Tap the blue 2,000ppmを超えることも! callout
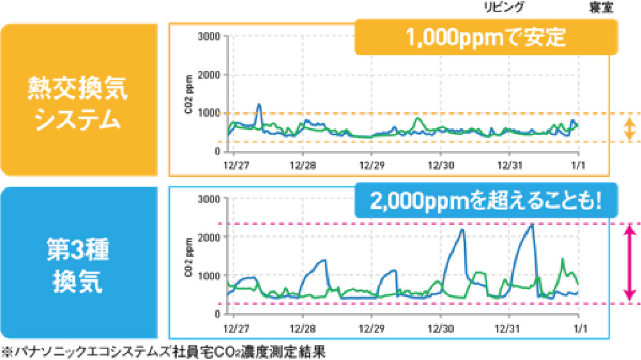point(485,200)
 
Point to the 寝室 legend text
point(600,8)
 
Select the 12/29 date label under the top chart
point(371,165)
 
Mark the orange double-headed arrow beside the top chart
point(630,128)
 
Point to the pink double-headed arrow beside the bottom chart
point(630,263)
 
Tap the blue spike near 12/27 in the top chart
point(259,105)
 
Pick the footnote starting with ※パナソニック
point(165,352)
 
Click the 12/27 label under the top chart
point(233,165)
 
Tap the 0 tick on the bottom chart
point(218,314)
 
